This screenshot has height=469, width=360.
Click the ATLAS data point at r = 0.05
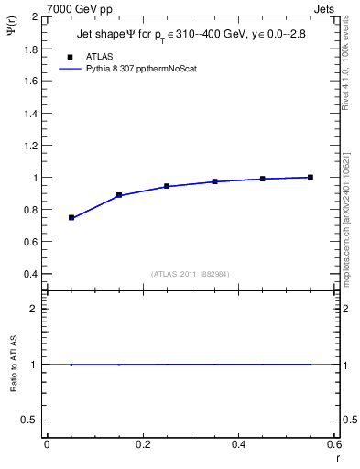point(71,218)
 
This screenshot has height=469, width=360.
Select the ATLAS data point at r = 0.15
point(119,195)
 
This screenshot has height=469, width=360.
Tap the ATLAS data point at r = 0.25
point(167,186)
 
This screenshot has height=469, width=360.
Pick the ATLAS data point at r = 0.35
point(214,181)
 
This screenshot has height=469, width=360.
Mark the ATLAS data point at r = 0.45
point(263,179)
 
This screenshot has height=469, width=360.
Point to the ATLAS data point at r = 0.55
point(311,177)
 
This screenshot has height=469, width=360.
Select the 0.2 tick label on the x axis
point(143,444)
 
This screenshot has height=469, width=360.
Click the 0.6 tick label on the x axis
point(334,444)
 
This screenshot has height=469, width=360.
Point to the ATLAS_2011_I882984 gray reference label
point(191,273)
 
